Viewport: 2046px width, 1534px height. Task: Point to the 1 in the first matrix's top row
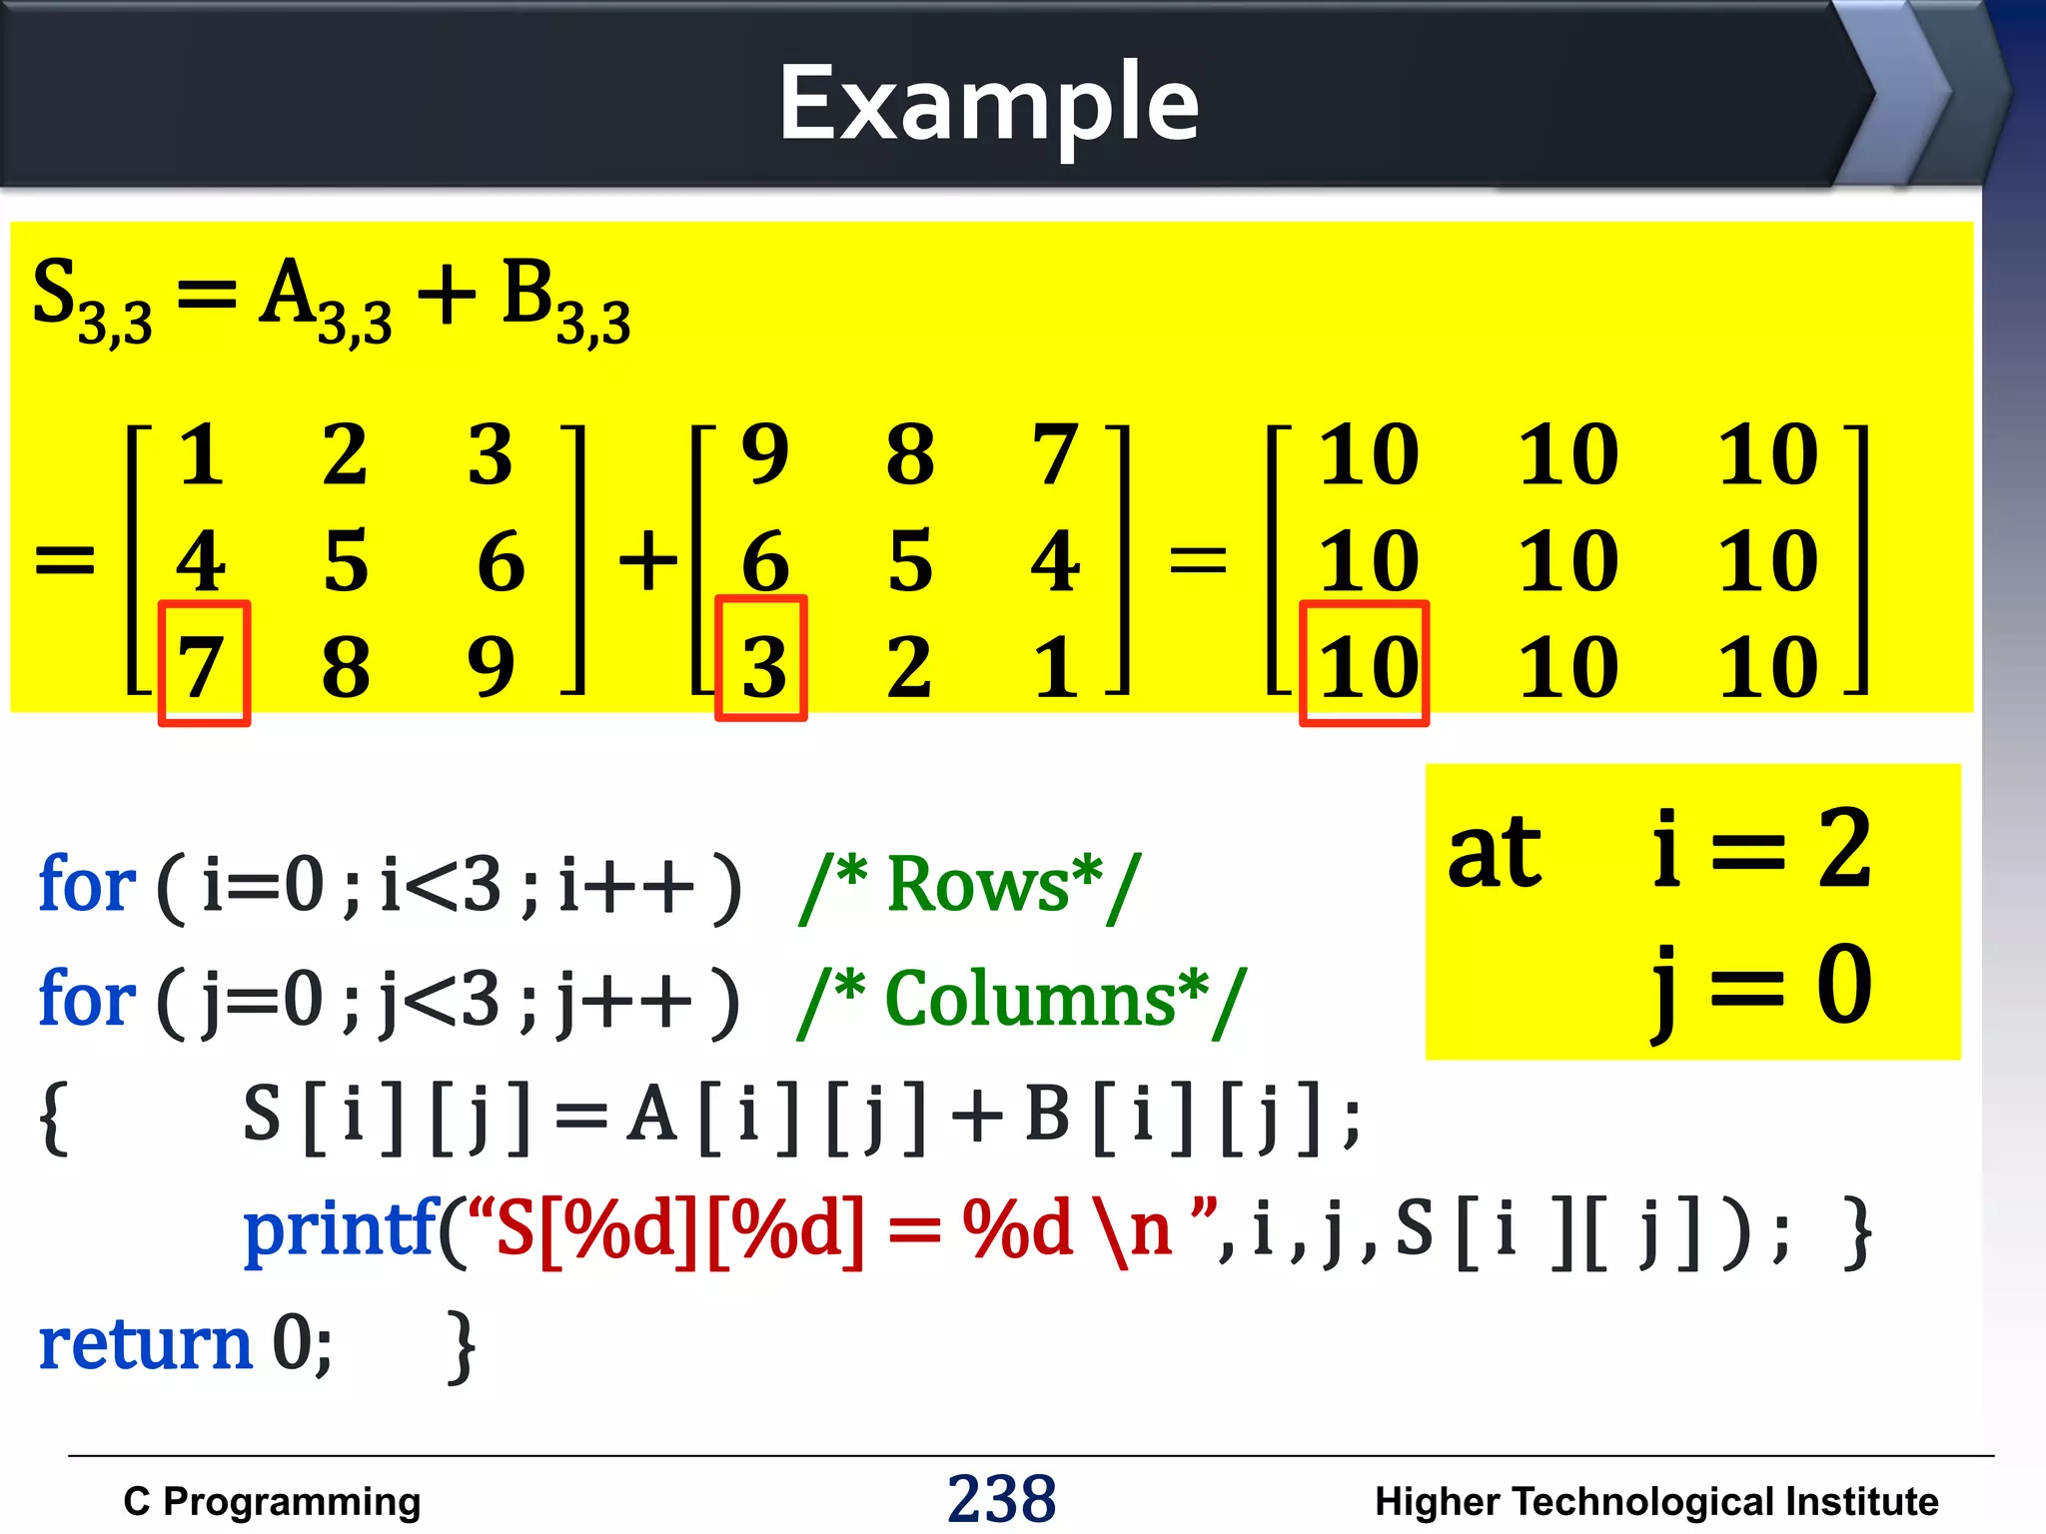202,454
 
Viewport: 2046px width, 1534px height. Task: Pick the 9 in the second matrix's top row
765,454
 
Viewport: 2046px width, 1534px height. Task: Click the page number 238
1001,1498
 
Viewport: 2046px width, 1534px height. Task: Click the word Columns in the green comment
1029,999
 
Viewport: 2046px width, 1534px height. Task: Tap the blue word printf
340,1228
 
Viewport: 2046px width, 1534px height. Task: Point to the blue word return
145,1344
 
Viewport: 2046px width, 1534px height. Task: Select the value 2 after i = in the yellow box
1844,849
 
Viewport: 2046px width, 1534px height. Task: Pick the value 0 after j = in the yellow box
1844,985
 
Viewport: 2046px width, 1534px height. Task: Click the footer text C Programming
272,1501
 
